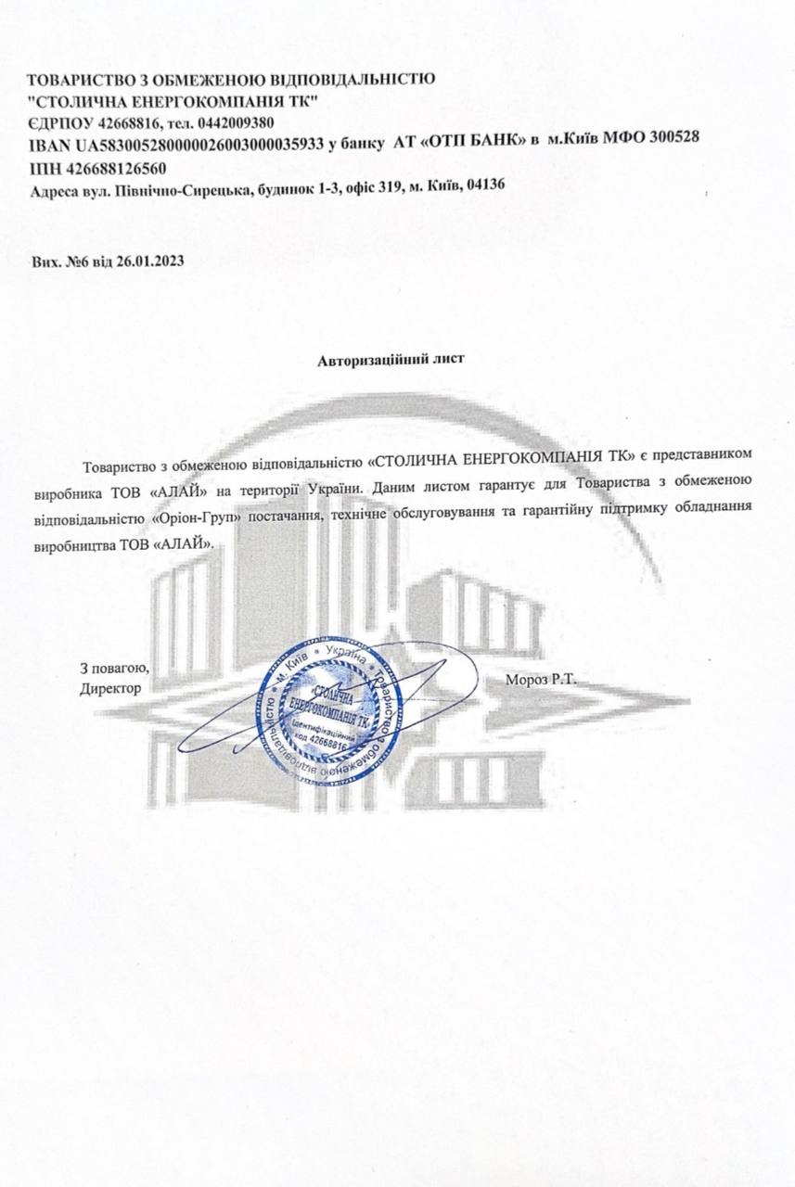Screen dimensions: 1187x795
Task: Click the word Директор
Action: (110, 688)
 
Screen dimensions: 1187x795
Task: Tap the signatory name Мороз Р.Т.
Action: (542, 679)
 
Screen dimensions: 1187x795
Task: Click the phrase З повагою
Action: (114, 668)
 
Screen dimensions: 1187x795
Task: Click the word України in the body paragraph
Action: (335, 483)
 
